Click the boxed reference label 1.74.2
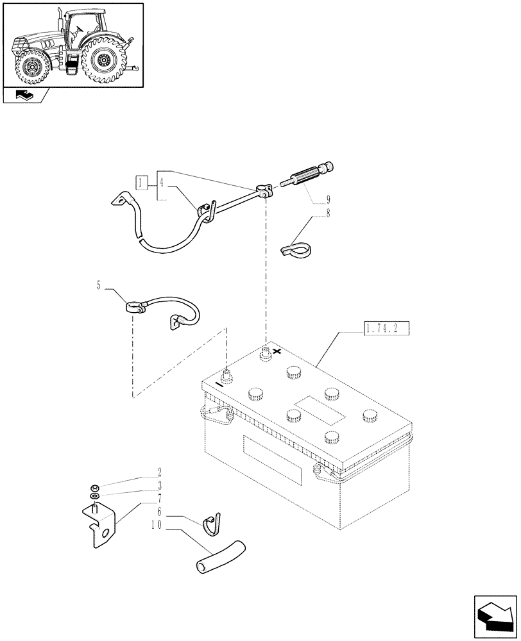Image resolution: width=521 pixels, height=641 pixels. point(385,330)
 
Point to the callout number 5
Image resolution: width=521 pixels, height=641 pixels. point(99,285)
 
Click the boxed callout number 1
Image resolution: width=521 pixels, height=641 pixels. point(142,183)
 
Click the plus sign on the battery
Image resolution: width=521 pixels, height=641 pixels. point(277,351)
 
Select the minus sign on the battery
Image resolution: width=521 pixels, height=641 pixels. point(219,385)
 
